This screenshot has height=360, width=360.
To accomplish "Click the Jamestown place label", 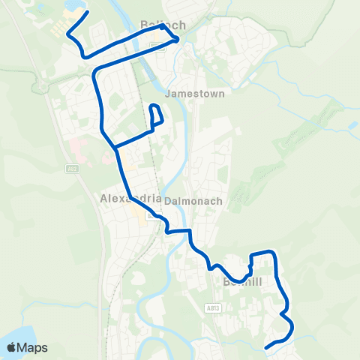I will pos(190,94).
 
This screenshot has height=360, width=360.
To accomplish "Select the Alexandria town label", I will pos(130,199).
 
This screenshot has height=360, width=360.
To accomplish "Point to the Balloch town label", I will pos(163,25).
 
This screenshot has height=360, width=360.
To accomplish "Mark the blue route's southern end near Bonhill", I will pos(267,347).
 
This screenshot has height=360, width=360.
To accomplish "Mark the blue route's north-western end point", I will pos(88,13).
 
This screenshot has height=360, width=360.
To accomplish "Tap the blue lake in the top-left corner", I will pos(76,6).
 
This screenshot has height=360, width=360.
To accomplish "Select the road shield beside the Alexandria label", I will pos(152,216).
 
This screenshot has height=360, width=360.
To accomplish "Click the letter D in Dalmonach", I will pos(166,200).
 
